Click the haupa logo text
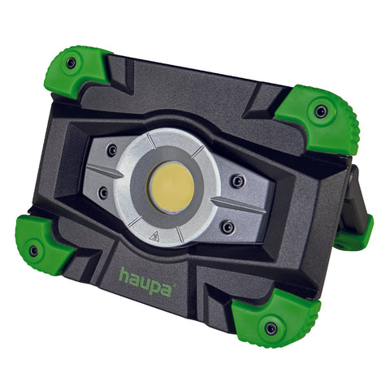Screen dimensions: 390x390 click(146, 282)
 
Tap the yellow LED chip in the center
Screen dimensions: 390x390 click(171, 187)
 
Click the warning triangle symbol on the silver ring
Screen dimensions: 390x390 click(154, 236)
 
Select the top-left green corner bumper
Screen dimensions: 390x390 click(76, 71)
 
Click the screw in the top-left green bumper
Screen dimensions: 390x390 click(71, 63)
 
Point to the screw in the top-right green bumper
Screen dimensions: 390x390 click(321, 111)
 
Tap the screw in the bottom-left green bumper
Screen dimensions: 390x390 click(34, 251)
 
